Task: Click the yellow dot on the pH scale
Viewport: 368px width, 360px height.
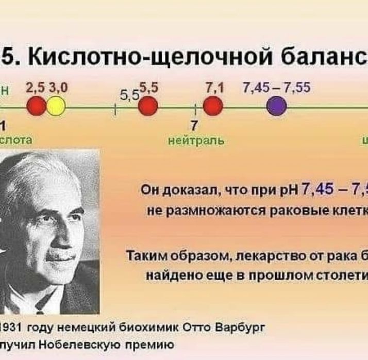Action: [56, 107]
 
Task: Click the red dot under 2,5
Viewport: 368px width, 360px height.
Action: [37, 107]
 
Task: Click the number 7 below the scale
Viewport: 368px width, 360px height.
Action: [194, 125]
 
